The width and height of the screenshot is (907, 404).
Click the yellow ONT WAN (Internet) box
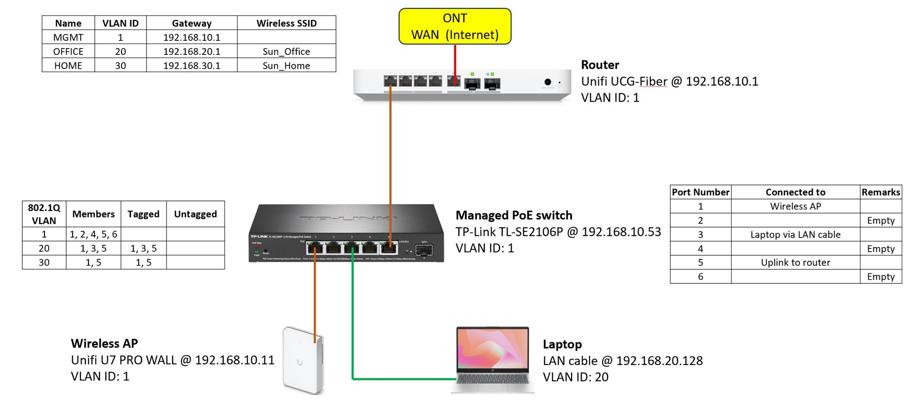(x=455, y=26)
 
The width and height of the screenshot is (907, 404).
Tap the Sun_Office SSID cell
(x=286, y=52)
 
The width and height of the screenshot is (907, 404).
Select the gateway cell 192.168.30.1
(x=192, y=66)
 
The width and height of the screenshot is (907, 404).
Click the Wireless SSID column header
(x=286, y=23)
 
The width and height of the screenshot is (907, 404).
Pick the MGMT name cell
(x=68, y=38)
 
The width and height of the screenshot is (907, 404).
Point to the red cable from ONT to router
(x=455, y=61)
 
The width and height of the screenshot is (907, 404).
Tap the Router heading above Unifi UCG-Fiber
(x=600, y=65)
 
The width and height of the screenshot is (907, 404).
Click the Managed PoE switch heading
(x=514, y=215)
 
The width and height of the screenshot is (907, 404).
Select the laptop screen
(x=493, y=349)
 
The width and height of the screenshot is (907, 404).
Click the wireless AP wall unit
(x=302, y=360)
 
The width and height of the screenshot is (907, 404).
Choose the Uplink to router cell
(x=795, y=263)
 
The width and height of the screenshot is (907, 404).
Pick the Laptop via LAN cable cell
(x=795, y=235)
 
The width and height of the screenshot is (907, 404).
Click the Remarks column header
(x=881, y=192)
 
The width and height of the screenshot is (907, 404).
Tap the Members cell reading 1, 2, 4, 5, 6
(x=93, y=234)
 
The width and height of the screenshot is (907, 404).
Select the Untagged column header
(x=195, y=214)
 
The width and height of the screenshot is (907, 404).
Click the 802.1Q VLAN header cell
(x=44, y=214)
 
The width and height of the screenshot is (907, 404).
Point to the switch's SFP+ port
(x=424, y=250)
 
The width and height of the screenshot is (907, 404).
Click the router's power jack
(x=548, y=82)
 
